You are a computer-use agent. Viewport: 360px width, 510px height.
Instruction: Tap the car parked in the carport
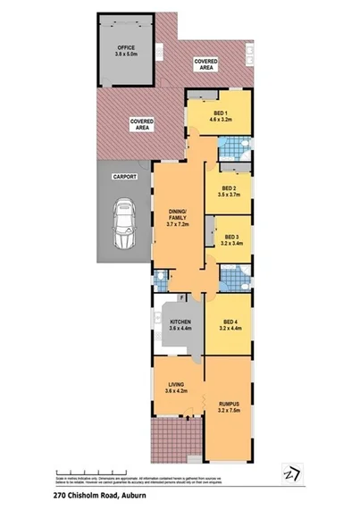(x=123, y=225)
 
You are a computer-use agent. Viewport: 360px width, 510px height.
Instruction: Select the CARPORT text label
(x=124, y=177)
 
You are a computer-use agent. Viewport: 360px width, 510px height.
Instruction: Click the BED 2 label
(x=230, y=188)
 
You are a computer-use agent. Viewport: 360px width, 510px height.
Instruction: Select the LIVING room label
(x=176, y=385)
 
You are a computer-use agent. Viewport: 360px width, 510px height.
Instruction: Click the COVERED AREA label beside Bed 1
(x=206, y=63)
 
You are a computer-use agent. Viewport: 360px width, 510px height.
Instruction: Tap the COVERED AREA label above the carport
(x=140, y=124)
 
